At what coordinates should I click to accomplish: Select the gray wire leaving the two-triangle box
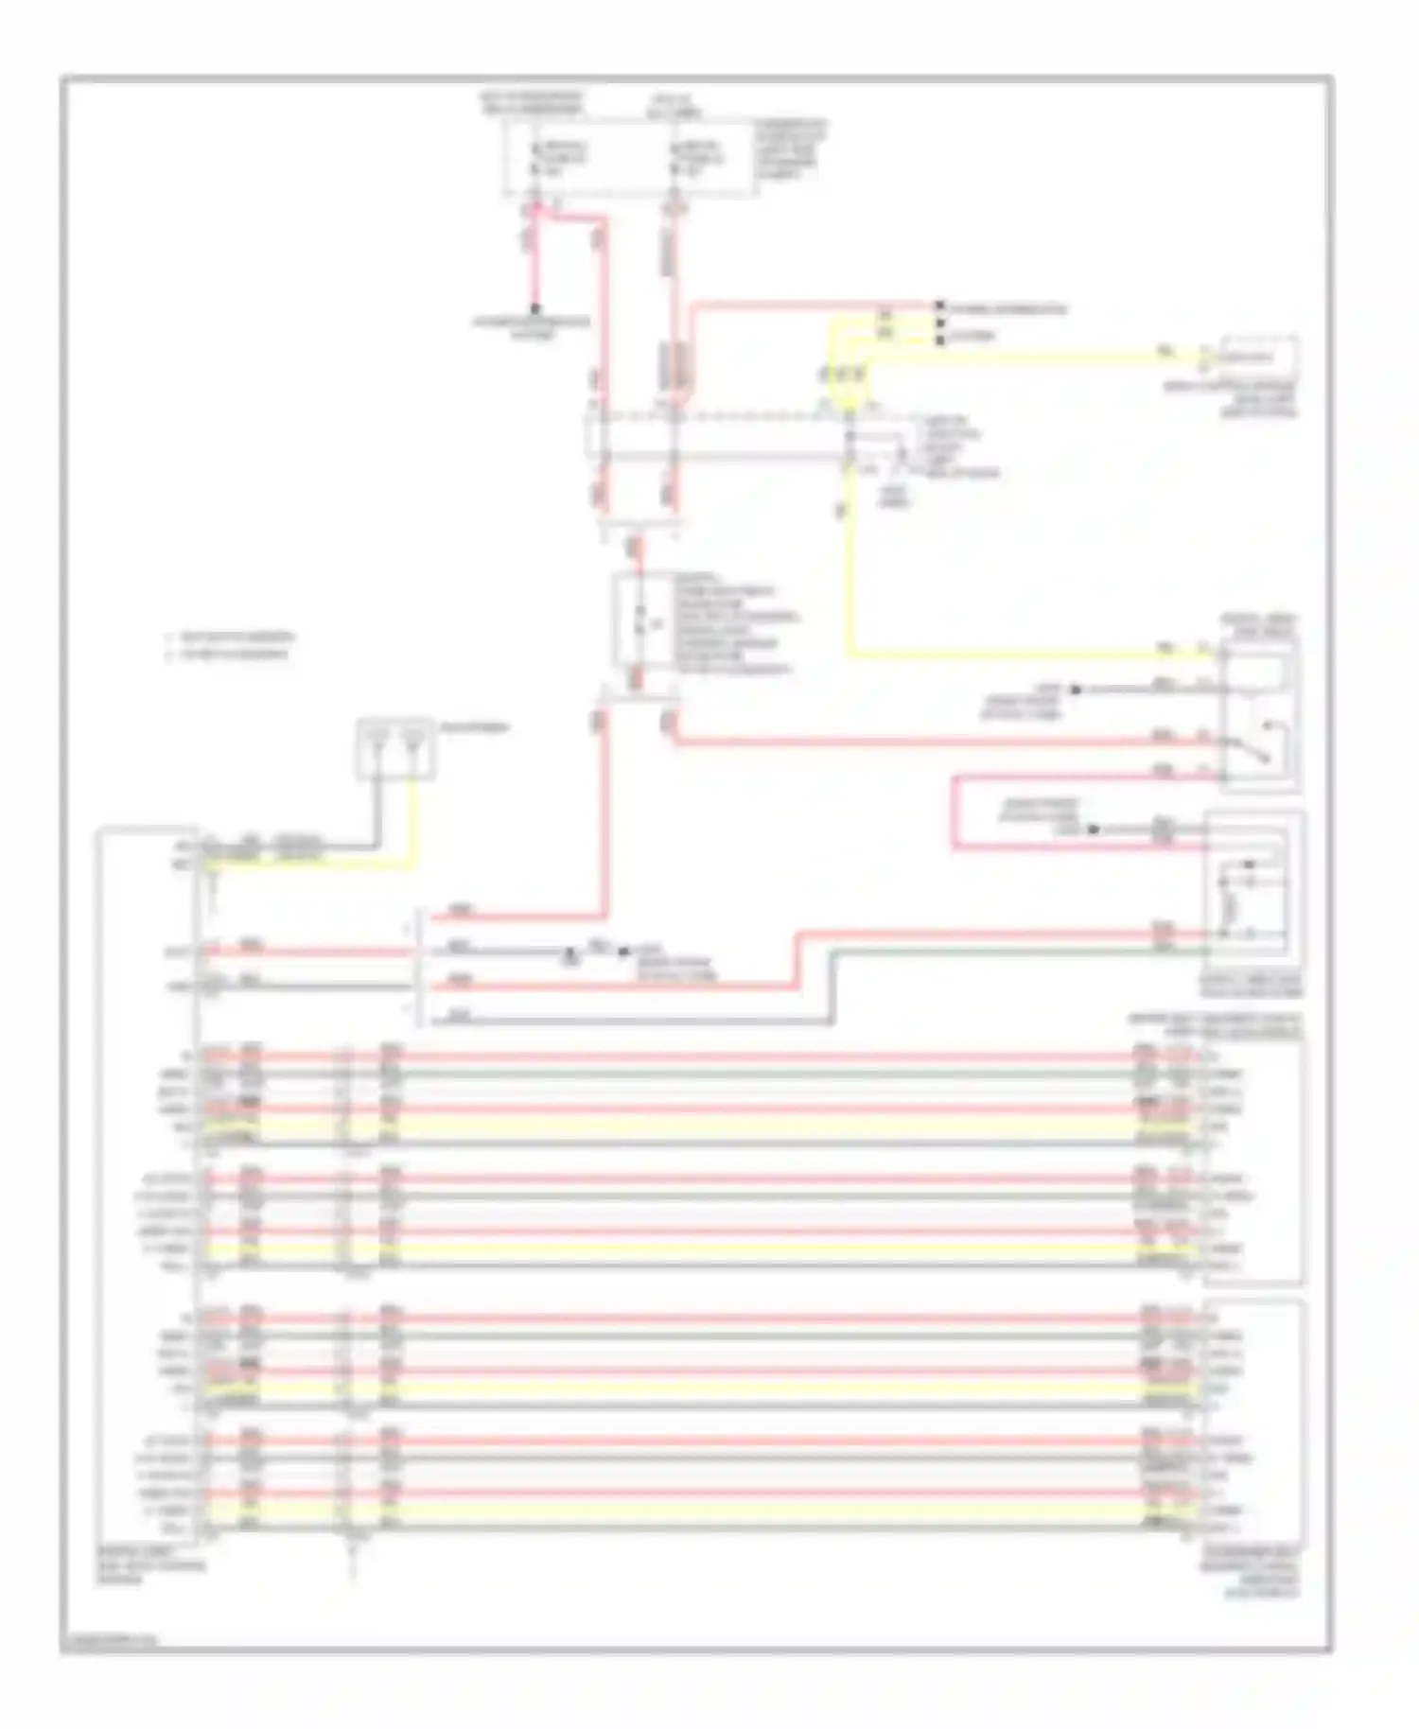pyautogui.click(x=377, y=813)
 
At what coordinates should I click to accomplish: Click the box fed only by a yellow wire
pyautogui.click(x=1259, y=357)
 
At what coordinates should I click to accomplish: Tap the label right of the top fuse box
pyautogui.click(x=791, y=150)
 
